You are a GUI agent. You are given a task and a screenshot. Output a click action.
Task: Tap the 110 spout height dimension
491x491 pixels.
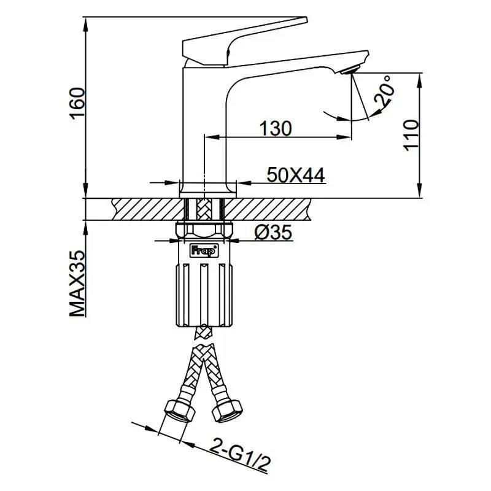pos(411,136)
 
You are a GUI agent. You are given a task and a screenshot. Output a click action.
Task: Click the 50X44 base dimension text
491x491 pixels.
pos(295,176)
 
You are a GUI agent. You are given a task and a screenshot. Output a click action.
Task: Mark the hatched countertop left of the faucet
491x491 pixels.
pos(129,209)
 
